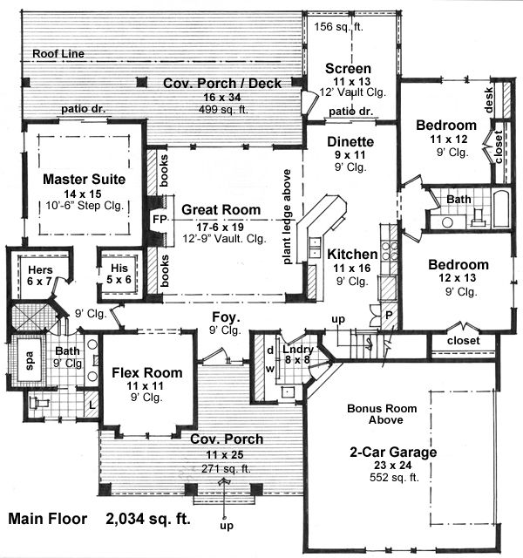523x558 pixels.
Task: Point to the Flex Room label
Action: pyautogui.click(x=146, y=372)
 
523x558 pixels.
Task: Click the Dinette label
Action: pyautogui.click(x=350, y=141)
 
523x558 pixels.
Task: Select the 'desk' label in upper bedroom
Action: pyautogui.click(x=489, y=102)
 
